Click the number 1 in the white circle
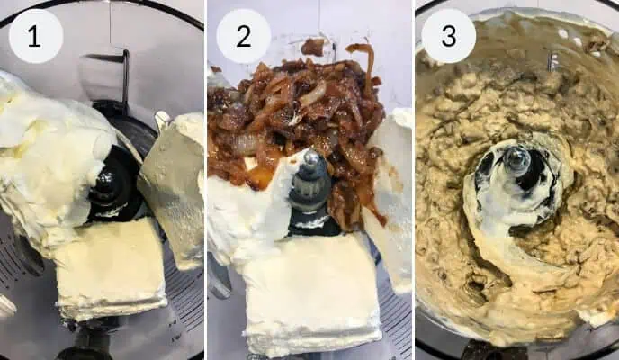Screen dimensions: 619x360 pos(34,37)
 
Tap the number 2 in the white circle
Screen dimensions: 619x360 pos(244,36)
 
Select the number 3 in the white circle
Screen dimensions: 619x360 pos(449,36)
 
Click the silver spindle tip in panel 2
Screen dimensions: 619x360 pos(310,157)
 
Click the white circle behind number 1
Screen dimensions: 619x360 pos(36,36)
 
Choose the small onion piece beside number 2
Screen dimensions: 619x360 pos(313,47)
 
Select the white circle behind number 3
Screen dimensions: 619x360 pos(449,36)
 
